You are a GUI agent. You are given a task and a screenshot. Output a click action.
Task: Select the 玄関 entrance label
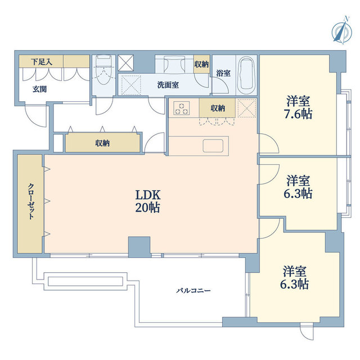39,89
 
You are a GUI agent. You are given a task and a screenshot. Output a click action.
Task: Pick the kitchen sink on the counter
214,146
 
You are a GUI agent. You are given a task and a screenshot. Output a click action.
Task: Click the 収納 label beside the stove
218,108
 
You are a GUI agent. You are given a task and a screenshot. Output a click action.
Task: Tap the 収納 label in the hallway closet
102,143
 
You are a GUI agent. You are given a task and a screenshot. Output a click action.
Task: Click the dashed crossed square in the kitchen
246,108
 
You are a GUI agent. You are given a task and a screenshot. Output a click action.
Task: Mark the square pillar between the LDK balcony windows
139,246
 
